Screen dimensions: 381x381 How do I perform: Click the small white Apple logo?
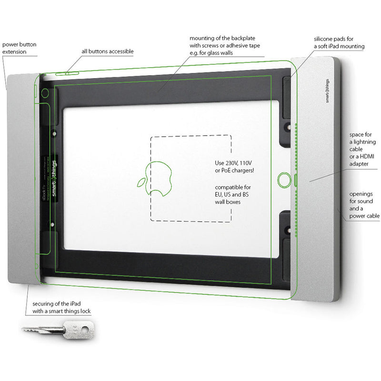click(141, 182)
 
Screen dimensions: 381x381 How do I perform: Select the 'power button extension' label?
click(19, 48)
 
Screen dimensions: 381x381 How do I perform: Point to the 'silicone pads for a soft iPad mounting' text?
click(339, 43)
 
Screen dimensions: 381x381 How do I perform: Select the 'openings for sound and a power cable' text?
click(364, 205)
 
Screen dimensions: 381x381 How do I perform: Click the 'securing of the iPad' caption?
click(61, 308)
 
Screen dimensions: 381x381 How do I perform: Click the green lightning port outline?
click(296, 180)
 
